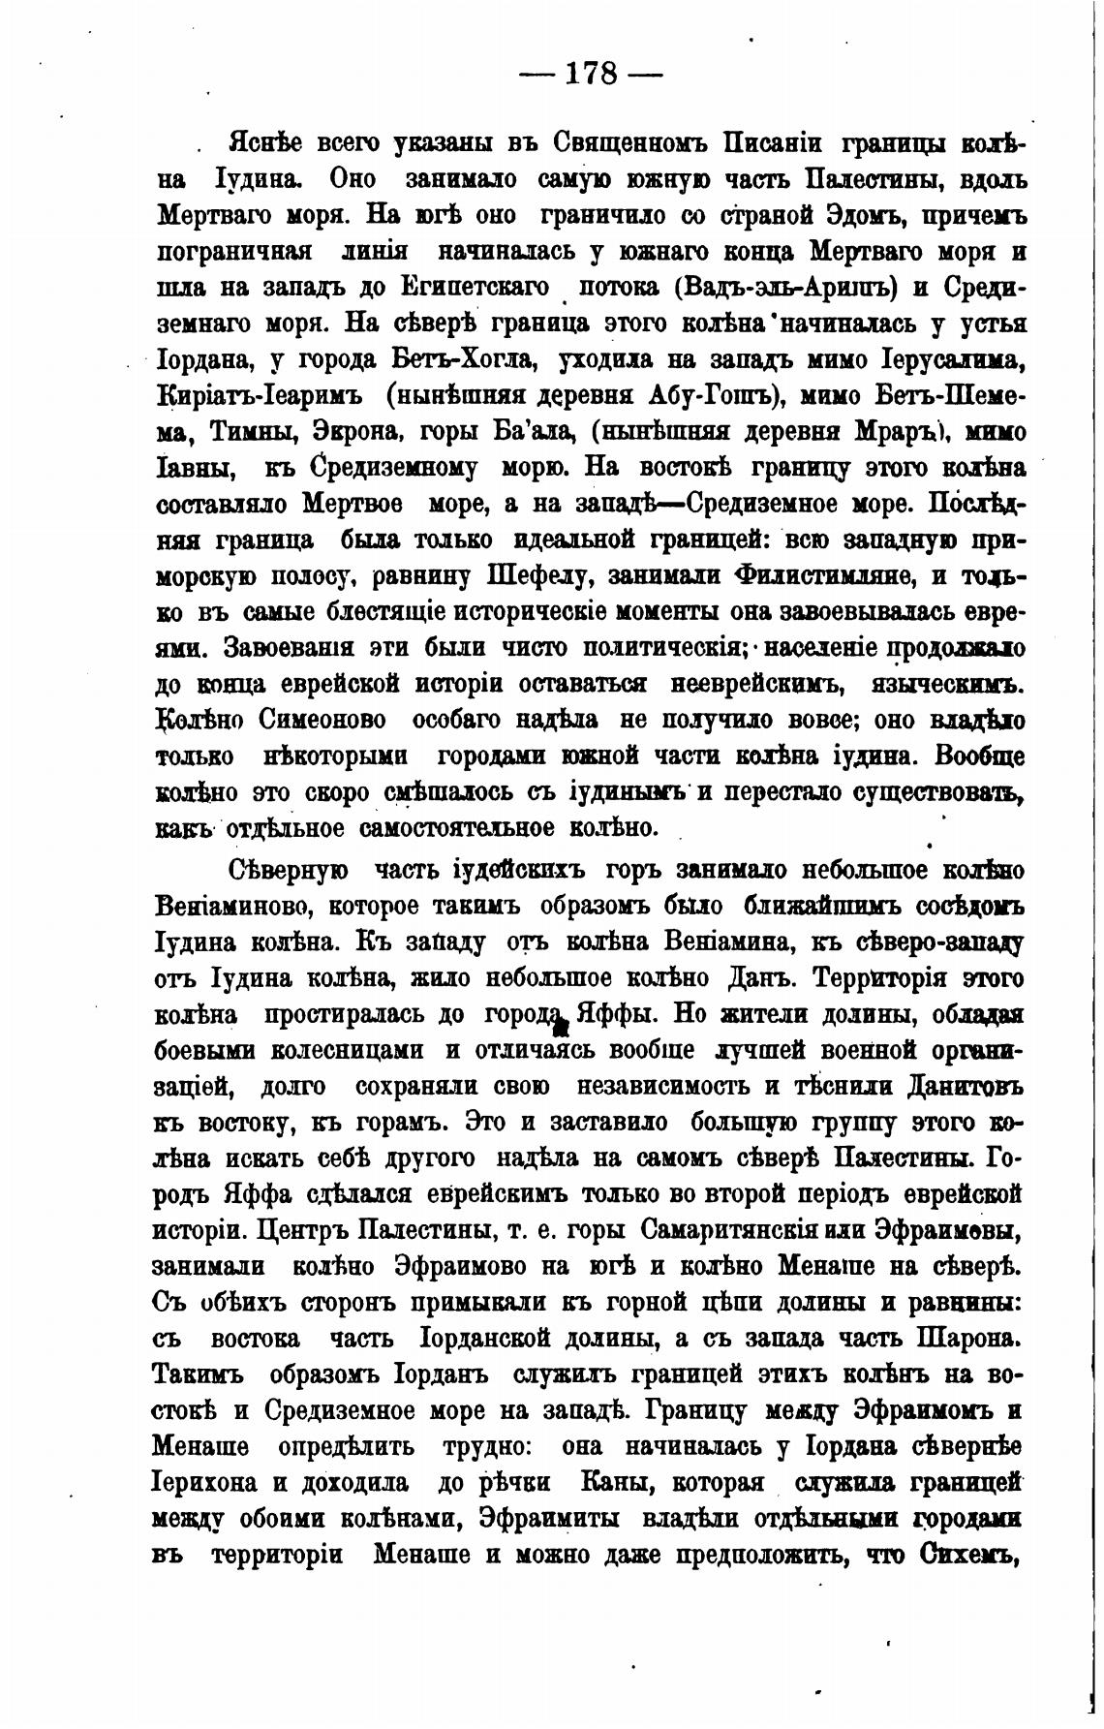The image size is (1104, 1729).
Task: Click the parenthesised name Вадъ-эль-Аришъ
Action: click(781, 288)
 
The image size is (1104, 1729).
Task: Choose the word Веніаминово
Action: click(232, 907)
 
